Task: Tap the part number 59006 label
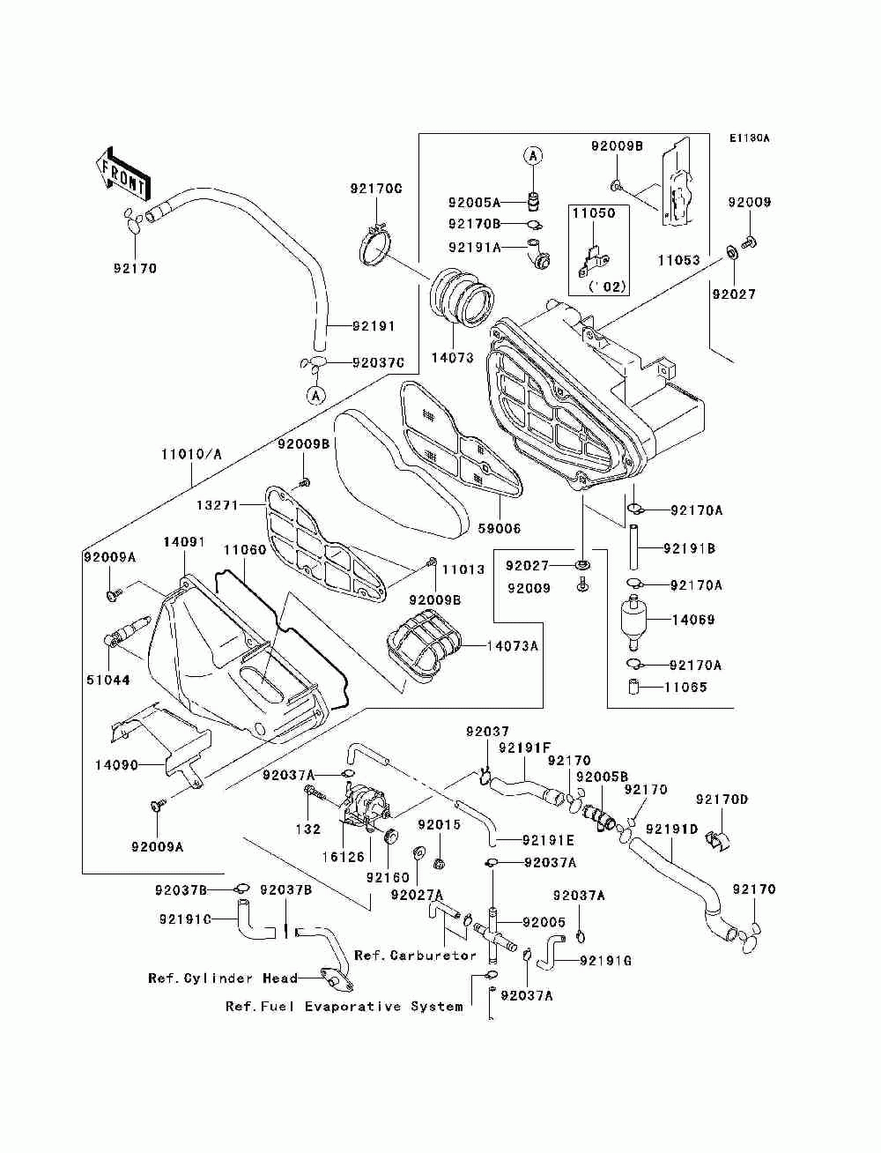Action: click(x=499, y=529)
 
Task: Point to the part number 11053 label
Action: click(x=678, y=261)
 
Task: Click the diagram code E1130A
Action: click(x=749, y=138)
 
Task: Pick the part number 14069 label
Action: click(x=693, y=620)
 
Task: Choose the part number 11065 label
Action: click(x=685, y=688)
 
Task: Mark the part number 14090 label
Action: click(x=116, y=765)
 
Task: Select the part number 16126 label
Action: click(x=343, y=856)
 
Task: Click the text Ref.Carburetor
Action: click(x=415, y=956)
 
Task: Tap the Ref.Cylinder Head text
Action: click(x=211, y=978)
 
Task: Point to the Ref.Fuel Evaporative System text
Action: click(x=344, y=1006)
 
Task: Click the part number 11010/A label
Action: click(x=191, y=454)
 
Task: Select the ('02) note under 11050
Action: click(x=606, y=286)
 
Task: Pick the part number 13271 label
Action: click(x=217, y=505)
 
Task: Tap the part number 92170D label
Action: click(x=722, y=800)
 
